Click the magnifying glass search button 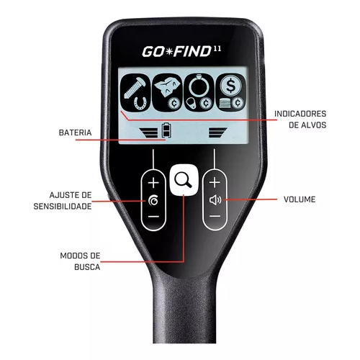pos(184,180)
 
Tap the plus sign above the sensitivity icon pos(153,183)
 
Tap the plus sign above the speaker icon pos(215,182)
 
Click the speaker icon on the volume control pos(215,200)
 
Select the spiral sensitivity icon pos(153,200)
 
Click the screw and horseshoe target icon pos(135,93)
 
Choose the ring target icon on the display pos(198,93)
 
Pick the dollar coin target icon pos(230,93)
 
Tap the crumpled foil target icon pos(167,93)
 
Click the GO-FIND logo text pos(176,51)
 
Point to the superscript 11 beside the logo pos(217,49)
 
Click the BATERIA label pos(75,132)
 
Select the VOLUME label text pos(300,199)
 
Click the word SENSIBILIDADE pos(63,206)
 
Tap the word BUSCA pos(87,267)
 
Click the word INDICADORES pos(300,114)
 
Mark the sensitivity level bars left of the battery pos(148,132)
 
